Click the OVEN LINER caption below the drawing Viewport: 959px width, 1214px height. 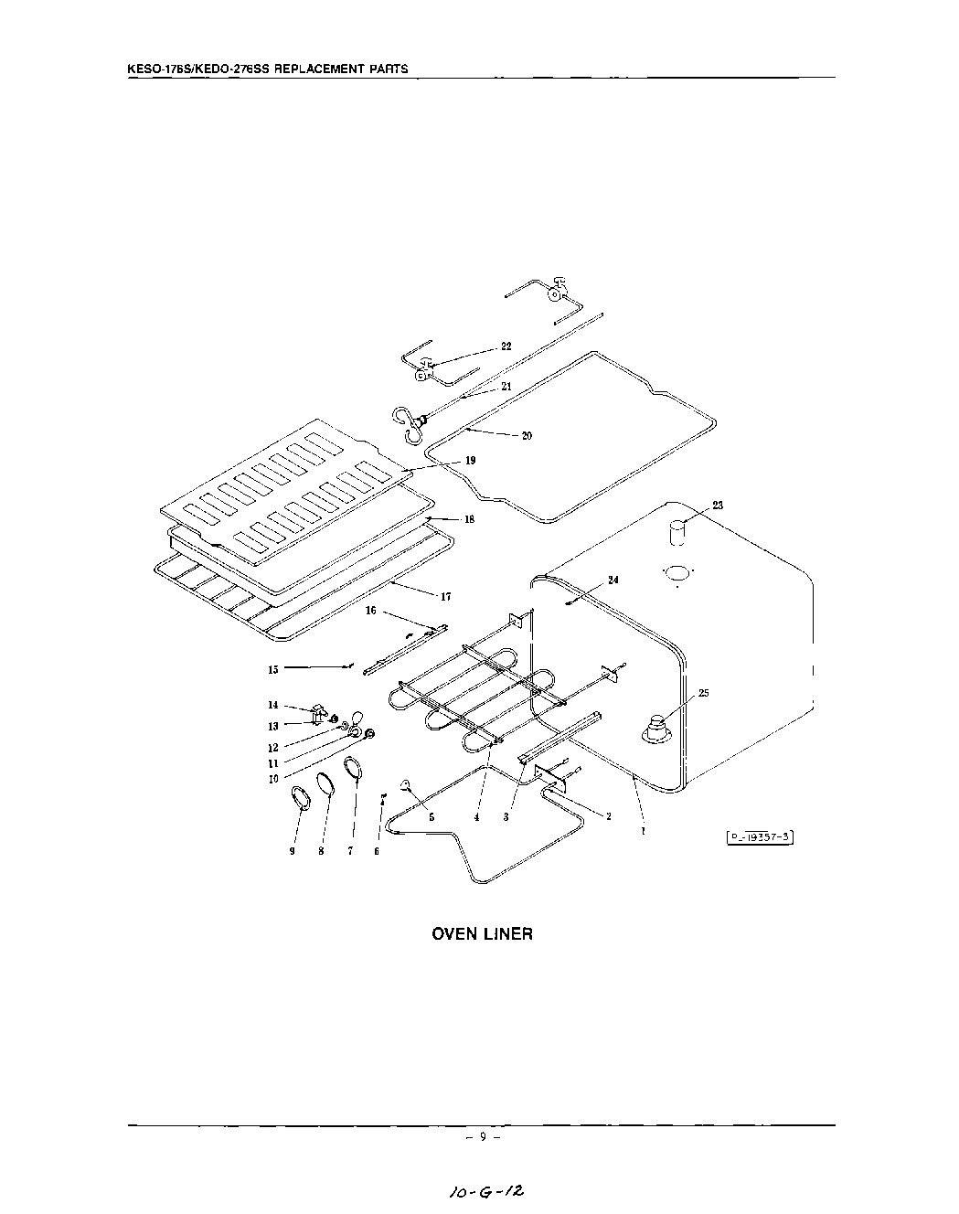(x=482, y=934)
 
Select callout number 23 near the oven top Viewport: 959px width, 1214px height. (x=718, y=506)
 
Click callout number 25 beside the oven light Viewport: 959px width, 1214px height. (x=703, y=693)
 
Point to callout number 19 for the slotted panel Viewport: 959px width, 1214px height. (x=470, y=461)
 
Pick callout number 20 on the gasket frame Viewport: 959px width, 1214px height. (x=527, y=436)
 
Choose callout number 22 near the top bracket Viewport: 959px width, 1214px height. (x=506, y=346)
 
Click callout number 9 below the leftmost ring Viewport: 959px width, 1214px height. (x=293, y=851)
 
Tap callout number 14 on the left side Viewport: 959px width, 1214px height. (x=272, y=705)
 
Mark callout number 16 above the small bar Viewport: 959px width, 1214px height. (x=371, y=611)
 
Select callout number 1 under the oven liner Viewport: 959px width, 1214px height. (x=644, y=831)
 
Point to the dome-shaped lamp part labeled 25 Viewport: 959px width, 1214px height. (x=657, y=730)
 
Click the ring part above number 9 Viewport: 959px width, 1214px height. (x=301, y=796)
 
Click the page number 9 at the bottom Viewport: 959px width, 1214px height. (x=482, y=1138)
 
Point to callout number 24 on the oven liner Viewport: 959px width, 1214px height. (x=613, y=580)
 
